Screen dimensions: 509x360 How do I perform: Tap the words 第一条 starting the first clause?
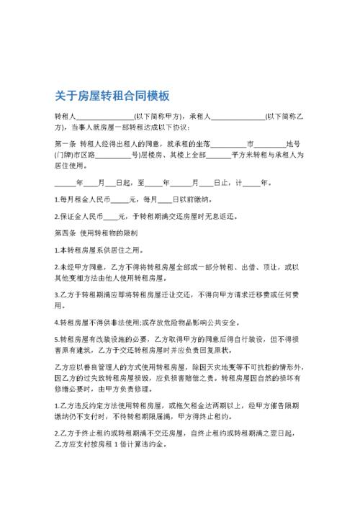click(x=66, y=143)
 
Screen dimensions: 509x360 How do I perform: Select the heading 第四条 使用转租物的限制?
click(x=101, y=233)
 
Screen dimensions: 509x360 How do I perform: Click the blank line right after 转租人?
click(x=104, y=116)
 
